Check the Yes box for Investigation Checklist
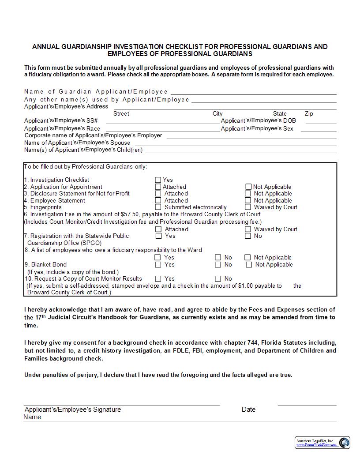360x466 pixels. coord(158,180)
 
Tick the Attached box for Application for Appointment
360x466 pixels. coord(158,187)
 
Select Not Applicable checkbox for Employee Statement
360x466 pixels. coord(248,200)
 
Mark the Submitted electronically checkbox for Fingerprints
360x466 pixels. coord(158,207)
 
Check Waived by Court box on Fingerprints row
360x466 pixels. coord(248,207)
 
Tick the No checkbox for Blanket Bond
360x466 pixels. coord(218,264)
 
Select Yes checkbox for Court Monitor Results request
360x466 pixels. coord(158,278)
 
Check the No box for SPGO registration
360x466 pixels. coord(248,236)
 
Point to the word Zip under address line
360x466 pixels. coord(309,113)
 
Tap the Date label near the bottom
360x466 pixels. coord(248,410)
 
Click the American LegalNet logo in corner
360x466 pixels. coord(322,443)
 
